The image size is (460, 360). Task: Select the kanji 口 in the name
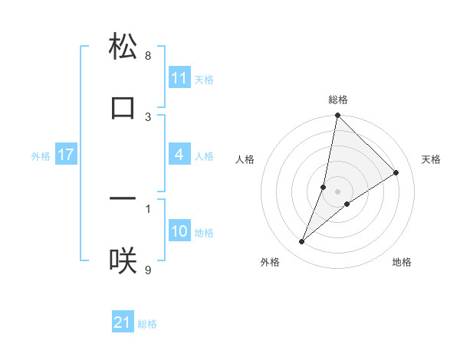tap(123, 107)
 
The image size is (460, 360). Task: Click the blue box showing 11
tap(179, 78)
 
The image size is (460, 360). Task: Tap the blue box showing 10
tap(179, 232)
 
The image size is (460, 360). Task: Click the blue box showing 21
tap(123, 323)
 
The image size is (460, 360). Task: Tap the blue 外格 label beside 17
tap(41, 156)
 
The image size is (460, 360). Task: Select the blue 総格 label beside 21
tap(147, 324)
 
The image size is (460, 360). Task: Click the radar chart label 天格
tap(431, 159)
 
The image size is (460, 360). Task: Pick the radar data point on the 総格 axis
tap(337, 116)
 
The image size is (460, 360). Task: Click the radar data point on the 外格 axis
tap(302, 242)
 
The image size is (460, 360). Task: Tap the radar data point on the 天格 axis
tap(396, 173)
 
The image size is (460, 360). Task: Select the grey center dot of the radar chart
tap(338, 191)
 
